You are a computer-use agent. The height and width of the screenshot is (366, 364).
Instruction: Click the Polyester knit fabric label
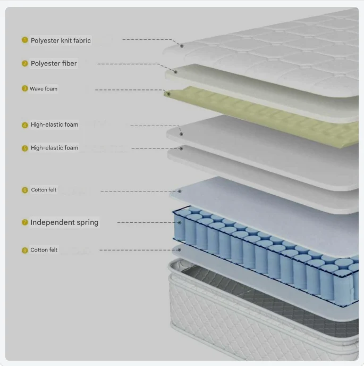pyautogui.click(x=61, y=40)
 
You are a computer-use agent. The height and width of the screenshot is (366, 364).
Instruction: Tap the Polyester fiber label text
pyautogui.click(x=54, y=63)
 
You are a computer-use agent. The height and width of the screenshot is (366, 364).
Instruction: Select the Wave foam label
pyautogui.click(x=44, y=89)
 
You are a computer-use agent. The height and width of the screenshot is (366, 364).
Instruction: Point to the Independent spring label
pyautogui.click(x=64, y=222)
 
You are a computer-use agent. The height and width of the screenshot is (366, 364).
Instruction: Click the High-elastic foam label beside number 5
pyautogui.click(x=54, y=148)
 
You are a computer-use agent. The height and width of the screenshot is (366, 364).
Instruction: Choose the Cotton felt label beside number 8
pyautogui.click(x=44, y=249)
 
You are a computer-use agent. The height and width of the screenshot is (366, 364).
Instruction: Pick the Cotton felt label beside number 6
pyautogui.click(x=44, y=190)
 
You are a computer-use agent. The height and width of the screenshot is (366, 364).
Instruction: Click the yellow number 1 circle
pyautogui.click(x=25, y=40)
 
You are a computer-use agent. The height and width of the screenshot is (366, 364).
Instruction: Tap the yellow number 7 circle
pyautogui.click(x=25, y=222)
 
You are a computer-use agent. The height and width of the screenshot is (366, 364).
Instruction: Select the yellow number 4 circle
pyautogui.click(x=25, y=125)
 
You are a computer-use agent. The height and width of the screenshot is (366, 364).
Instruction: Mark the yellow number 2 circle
pyautogui.click(x=25, y=63)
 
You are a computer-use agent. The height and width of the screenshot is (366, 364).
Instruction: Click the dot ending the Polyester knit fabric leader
pyautogui.click(x=182, y=46)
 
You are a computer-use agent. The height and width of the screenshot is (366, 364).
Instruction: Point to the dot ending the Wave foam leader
pyautogui.click(x=168, y=94)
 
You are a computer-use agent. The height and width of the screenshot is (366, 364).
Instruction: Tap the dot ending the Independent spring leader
pyautogui.click(x=179, y=223)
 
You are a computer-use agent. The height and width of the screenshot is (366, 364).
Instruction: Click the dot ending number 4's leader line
pyautogui.click(x=181, y=134)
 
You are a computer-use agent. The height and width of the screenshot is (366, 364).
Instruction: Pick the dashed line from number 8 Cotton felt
pyautogui.click(x=139, y=250)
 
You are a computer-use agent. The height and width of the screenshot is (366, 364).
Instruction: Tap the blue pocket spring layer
pyautogui.click(x=266, y=254)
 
